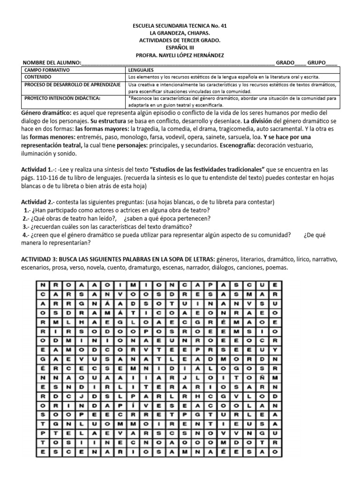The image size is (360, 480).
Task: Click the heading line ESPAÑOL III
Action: coord(180,47)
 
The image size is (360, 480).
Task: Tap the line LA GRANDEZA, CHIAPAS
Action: coord(180,33)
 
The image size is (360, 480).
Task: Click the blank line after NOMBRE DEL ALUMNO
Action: coord(178,63)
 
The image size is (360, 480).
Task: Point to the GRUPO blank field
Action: coord(331,63)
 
